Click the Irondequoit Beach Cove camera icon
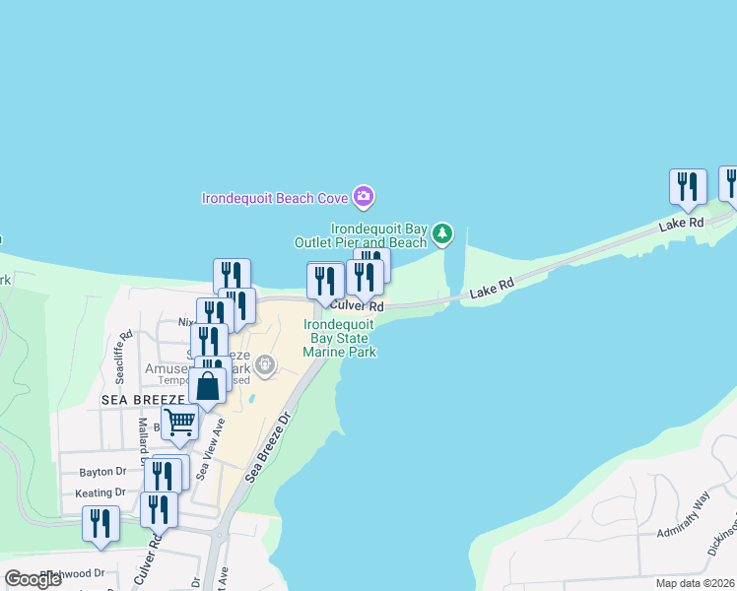pos(364,197)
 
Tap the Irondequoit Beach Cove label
pos(275,198)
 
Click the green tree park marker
pos(443,233)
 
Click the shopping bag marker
pos(208,385)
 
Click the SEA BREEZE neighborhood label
pos(144,399)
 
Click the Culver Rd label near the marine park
pos(357,306)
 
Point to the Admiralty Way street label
pos(686,516)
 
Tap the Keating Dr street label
pos(100,492)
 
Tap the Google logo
pos(33,578)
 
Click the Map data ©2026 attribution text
pos(695,583)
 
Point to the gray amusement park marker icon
pos(264,366)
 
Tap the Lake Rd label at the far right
pos(682,224)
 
